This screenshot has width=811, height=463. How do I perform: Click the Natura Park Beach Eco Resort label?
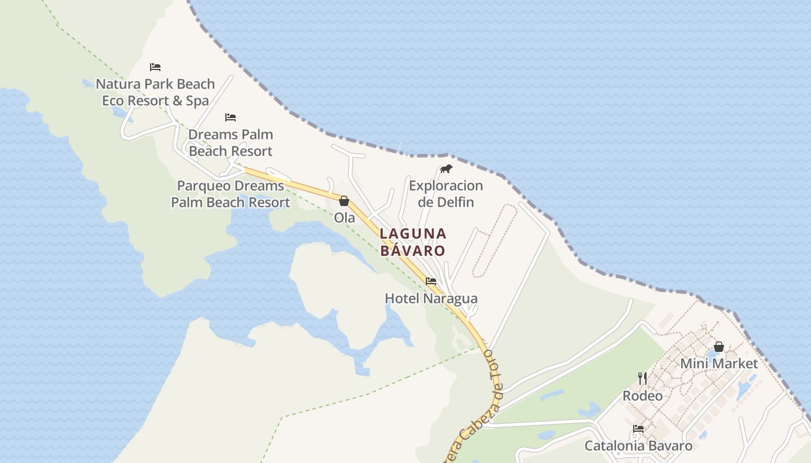[x=155, y=92]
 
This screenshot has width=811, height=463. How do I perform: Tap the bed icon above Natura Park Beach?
[x=155, y=67]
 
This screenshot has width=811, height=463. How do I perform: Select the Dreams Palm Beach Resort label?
[x=231, y=142]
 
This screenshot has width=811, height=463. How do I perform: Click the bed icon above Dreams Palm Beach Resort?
[x=231, y=117]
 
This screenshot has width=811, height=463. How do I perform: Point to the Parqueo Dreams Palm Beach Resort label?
[x=231, y=194]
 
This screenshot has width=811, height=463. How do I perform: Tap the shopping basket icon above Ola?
[x=344, y=201]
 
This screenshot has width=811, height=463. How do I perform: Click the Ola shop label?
[x=344, y=218]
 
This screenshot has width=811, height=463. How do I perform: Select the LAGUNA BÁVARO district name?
[x=413, y=242]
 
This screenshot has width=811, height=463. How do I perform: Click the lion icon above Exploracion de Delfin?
[x=445, y=169]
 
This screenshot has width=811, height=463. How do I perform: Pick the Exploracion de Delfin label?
[x=445, y=193]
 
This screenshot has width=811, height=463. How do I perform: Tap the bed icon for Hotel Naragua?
[x=431, y=281]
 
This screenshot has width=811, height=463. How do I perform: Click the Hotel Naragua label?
[x=431, y=298]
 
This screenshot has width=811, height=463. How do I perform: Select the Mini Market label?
[x=718, y=363]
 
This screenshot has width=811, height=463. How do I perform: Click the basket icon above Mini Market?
[x=719, y=347]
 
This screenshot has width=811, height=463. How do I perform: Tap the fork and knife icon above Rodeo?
[x=642, y=379]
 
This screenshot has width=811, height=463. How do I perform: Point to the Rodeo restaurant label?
[x=642, y=396]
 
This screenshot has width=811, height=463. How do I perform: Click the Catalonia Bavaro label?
[x=638, y=446]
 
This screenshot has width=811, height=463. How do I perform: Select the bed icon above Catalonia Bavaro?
[x=638, y=429]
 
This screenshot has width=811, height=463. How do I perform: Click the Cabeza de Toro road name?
[x=480, y=405]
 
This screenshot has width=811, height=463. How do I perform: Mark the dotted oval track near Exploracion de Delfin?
[x=495, y=241]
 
